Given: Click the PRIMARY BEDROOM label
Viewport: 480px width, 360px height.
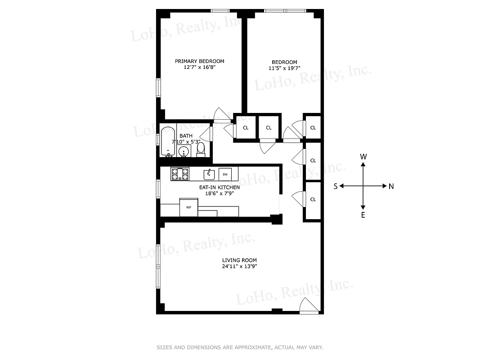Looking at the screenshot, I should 199,61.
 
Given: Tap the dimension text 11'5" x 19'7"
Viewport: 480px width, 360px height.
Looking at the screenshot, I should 284,68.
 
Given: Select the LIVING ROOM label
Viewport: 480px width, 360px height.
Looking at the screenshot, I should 239,260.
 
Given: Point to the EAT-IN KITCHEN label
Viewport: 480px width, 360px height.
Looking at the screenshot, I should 220,187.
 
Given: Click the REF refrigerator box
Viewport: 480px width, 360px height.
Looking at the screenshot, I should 189,207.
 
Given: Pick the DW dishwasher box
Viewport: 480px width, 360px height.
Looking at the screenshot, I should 225,174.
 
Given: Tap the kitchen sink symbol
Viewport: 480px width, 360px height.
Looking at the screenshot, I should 209,174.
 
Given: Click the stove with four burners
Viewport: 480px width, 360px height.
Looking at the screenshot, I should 180,174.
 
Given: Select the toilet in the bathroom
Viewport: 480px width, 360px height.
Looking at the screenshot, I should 201,148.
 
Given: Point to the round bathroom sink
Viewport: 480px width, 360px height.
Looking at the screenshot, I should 184,151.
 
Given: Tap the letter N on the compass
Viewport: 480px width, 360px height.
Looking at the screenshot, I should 391,186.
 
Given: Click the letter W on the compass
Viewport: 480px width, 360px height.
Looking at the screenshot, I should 363,157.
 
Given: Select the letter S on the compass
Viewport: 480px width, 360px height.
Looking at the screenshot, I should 336,186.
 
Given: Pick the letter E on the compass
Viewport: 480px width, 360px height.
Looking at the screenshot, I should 363,215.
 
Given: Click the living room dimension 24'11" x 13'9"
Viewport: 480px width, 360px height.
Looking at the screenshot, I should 239,266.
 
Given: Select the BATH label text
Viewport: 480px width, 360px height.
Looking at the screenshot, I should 186,135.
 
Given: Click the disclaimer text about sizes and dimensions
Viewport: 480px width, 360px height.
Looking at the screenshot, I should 239,347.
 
